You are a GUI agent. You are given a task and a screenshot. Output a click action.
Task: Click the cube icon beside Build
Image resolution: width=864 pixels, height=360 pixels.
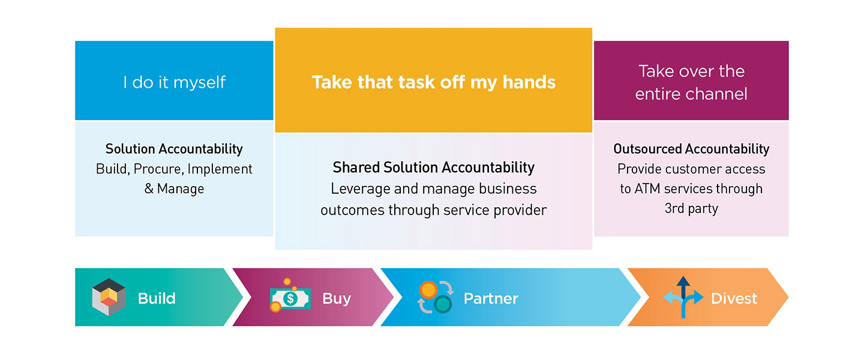point(109,297)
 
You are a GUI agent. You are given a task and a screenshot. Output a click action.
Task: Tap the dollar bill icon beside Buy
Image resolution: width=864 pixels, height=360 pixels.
point(290,296)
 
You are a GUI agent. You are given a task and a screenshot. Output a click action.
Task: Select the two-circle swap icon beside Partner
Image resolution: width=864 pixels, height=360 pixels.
point(436,297)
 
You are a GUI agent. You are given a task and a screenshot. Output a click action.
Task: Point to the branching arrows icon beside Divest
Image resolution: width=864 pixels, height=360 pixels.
point(683,297)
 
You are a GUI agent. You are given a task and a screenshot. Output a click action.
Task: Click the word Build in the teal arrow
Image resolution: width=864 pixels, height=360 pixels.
point(157,298)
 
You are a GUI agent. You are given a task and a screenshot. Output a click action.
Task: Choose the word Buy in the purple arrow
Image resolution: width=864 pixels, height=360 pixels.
point(337,299)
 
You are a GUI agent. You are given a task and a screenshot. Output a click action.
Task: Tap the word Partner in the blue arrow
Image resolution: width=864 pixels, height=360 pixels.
point(491,298)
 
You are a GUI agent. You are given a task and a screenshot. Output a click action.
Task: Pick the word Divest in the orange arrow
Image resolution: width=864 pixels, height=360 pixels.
point(734,298)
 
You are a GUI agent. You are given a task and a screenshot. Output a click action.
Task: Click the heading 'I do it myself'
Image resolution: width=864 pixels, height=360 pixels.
point(175,83)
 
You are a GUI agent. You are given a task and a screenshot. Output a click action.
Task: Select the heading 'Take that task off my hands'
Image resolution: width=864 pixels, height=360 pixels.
point(434,82)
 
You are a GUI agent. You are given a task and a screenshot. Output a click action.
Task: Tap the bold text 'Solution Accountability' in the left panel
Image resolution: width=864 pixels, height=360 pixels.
point(174,149)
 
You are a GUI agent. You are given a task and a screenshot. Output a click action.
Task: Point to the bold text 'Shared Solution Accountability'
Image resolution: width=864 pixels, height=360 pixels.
point(434,167)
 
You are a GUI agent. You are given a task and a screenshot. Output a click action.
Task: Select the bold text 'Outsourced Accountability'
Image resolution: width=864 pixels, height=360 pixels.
point(691,149)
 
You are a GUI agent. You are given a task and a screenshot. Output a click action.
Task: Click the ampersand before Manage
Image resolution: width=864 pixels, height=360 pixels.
point(149,188)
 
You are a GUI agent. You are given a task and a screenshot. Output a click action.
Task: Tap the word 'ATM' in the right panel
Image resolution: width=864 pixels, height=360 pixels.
point(647,188)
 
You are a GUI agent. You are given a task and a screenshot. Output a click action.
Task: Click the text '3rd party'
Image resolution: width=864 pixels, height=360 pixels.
point(691,209)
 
